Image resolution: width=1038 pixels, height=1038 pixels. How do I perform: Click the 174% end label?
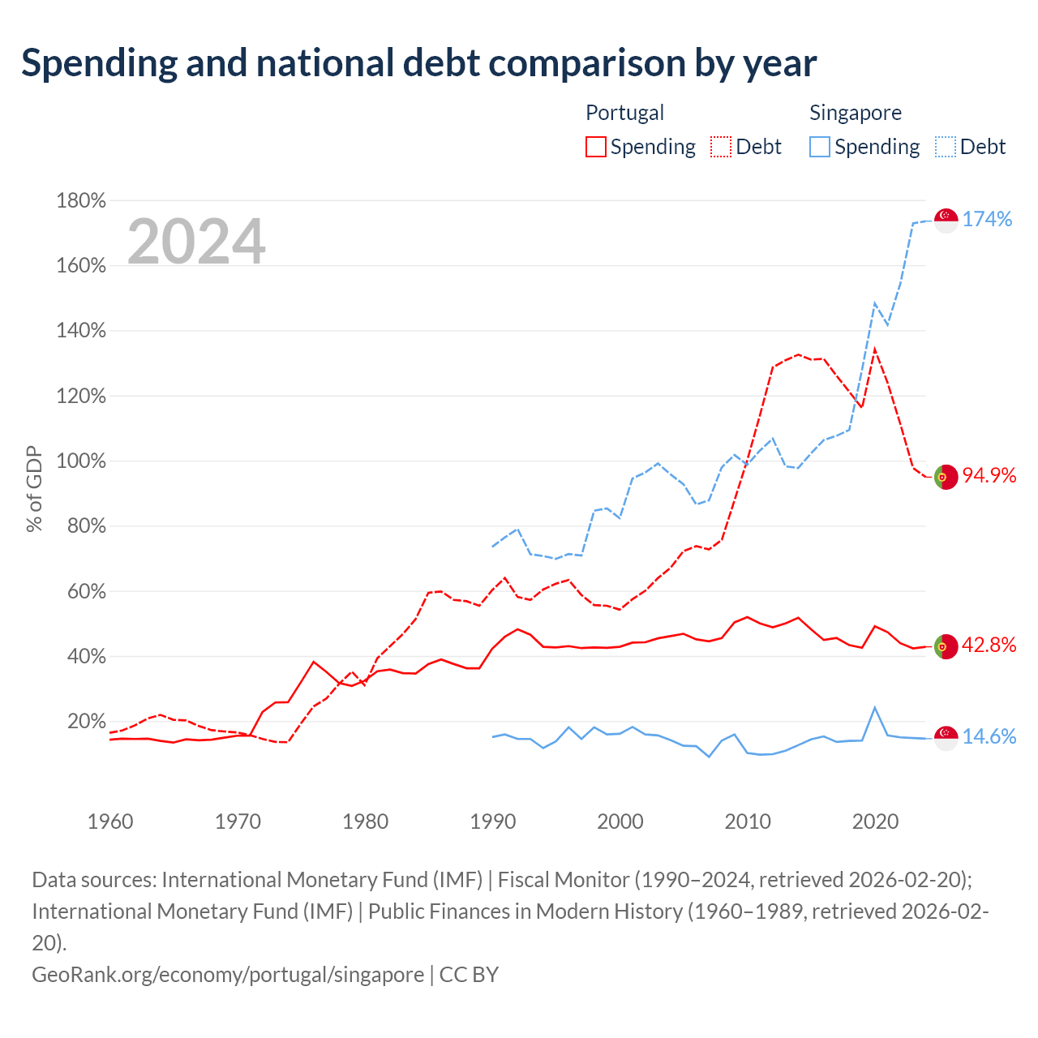987,219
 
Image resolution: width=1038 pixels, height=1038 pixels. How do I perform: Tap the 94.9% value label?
989,475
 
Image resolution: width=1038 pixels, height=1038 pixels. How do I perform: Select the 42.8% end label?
989,645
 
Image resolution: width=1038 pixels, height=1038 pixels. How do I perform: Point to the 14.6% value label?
989,736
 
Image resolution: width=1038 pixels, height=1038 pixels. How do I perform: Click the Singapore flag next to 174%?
946,221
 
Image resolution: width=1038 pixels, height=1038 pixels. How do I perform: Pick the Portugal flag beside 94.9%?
946,477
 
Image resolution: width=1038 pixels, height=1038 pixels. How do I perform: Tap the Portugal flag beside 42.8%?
946,646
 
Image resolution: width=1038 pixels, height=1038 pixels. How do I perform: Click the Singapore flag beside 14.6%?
946,738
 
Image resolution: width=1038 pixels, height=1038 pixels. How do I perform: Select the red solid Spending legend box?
596,147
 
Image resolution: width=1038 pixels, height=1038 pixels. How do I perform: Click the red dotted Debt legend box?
721,147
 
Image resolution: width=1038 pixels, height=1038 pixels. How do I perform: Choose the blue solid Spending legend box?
820,147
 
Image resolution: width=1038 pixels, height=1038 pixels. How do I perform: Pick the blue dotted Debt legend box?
946,147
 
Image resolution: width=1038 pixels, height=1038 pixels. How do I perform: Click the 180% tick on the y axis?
81,201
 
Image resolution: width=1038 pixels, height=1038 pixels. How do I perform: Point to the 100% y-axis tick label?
81,461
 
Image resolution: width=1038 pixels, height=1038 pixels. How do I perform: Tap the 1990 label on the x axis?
493,821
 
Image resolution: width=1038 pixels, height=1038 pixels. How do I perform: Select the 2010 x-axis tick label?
748,821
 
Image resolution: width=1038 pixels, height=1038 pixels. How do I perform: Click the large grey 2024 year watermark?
196,241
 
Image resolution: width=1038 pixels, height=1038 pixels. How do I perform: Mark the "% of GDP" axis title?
34,489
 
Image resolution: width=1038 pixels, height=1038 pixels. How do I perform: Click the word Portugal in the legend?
625,113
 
